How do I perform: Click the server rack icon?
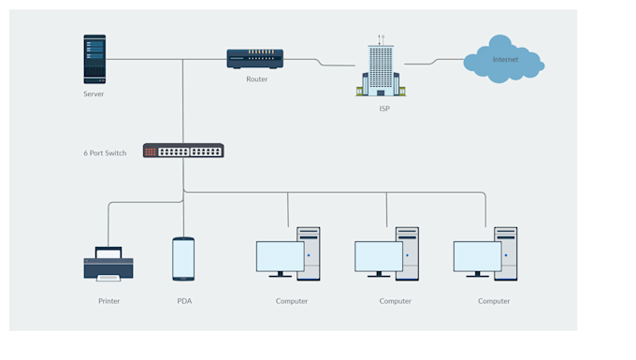[x=94, y=59]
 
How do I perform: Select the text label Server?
[x=94, y=94]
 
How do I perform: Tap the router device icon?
[x=254, y=59]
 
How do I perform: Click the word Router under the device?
[x=256, y=79]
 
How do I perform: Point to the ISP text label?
[x=384, y=108]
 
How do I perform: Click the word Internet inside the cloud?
[x=505, y=60]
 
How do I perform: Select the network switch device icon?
[x=183, y=151]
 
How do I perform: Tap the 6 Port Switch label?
[x=105, y=152]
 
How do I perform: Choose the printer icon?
[x=108, y=265]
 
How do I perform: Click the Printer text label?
[x=109, y=301]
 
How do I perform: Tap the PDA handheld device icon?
[x=183, y=259]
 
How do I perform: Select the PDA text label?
[x=184, y=301]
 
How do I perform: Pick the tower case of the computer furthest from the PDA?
[x=506, y=253]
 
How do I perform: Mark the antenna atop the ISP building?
[x=381, y=40]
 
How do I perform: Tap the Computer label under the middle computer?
[x=396, y=301]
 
